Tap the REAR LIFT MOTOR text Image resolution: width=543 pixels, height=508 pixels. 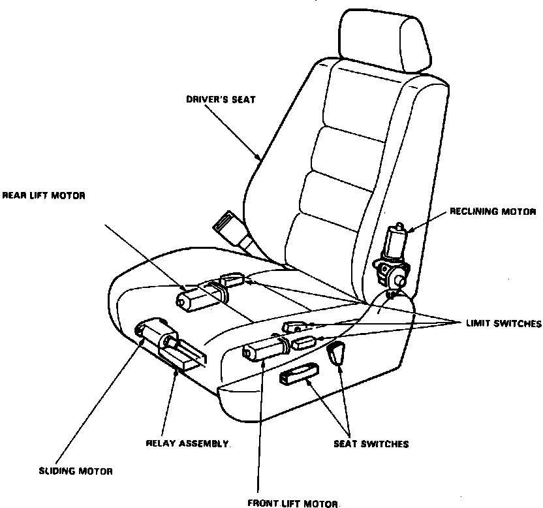pos(44,195)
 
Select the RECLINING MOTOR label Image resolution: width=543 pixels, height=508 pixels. pos(492,212)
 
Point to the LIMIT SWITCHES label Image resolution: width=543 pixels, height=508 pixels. pos(504,324)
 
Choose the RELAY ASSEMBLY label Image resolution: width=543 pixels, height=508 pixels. pos(187,444)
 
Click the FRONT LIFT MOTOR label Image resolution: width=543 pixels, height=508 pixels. pos(294,503)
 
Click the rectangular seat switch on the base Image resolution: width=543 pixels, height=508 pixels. pos(299,374)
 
